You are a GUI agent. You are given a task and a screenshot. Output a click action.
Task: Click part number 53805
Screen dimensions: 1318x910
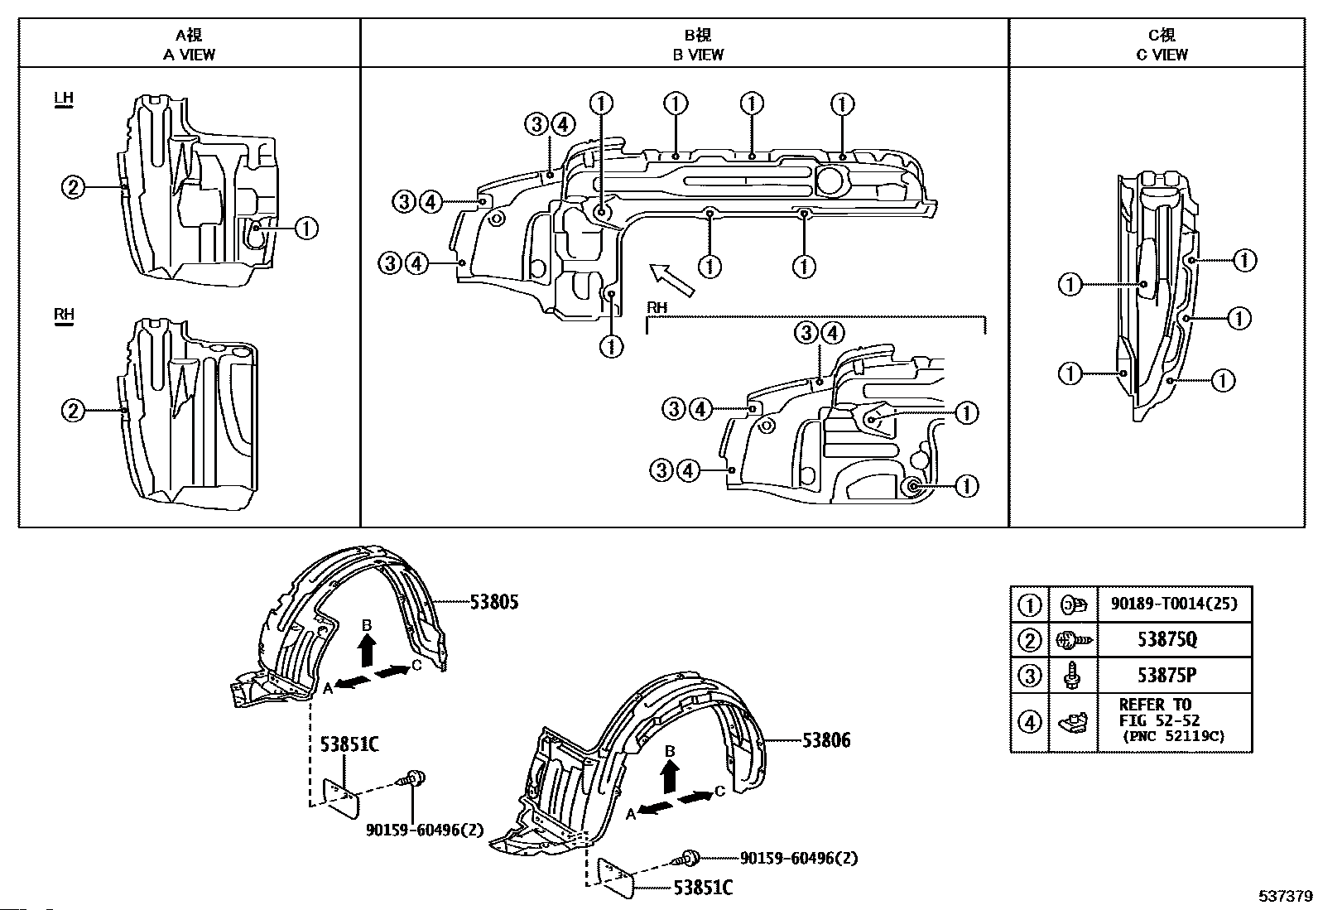tap(493, 602)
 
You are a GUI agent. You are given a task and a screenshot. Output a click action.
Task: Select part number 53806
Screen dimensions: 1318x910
tap(826, 740)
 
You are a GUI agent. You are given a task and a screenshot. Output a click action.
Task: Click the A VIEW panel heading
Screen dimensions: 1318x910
tap(189, 45)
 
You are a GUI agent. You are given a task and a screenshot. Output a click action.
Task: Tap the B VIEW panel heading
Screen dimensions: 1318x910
tap(699, 45)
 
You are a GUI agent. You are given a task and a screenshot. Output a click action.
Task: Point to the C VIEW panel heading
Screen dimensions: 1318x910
tap(1162, 45)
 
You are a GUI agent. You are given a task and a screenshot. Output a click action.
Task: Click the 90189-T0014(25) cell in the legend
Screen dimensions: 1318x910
tap(1175, 604)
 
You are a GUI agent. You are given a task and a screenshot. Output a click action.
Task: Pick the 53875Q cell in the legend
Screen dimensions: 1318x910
tap(1166, 638)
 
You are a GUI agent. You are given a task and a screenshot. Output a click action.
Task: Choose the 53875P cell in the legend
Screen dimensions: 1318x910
tap(1166, 675)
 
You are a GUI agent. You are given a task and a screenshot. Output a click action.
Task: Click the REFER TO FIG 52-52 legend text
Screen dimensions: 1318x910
tap(1158, 712)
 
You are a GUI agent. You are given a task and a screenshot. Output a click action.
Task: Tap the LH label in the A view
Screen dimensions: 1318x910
tap(64, 99)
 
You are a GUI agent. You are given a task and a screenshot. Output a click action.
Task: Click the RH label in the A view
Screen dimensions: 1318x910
tap(64, 315)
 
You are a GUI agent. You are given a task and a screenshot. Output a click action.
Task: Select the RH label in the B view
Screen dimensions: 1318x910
tap(657, 307)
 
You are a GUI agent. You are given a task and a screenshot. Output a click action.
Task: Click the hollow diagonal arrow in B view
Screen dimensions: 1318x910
tap(672, 280)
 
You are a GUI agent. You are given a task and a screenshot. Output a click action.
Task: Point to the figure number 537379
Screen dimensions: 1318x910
tap(1286, 896)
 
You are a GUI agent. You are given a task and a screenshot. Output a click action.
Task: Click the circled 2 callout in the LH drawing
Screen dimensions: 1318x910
tap(73, 187)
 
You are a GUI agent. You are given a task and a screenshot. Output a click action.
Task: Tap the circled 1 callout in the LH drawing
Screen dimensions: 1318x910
tap(306, 228)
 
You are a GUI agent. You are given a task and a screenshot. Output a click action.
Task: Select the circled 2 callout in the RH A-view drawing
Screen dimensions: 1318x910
tap(73, 410)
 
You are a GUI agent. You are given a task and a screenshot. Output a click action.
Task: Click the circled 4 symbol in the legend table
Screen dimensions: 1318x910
tap(1029, 722)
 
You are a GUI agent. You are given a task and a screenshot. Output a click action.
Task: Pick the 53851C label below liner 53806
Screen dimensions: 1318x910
tap(703, 887)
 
